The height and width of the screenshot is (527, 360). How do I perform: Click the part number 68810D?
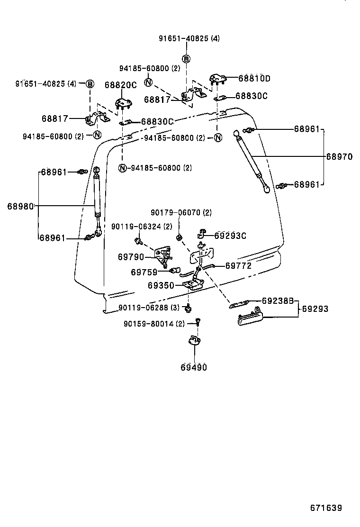pos(254,78)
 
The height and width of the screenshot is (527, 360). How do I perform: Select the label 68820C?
pos(121,85)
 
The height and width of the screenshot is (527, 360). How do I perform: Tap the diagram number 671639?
pos(326,508)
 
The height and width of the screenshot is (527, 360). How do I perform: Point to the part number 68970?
pos(340,156)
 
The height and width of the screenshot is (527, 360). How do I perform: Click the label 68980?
pos(20,206)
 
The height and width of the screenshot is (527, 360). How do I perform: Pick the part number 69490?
pos(194,367)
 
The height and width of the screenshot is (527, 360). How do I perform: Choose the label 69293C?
pos(230,236)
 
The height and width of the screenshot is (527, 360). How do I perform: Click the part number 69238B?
pos(278,300)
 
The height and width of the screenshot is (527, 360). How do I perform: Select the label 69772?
pos(238,265)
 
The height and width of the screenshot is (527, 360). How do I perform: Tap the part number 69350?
pos(161,285)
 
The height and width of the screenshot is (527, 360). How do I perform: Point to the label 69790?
pos(131,257)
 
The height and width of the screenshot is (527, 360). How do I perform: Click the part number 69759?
pos(144,272)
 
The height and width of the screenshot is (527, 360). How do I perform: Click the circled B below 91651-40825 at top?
pos(186,59)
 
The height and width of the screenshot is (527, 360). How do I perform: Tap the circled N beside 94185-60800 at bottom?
pos(123,168)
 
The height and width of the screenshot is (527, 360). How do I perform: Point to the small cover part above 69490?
pos(194,340)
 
